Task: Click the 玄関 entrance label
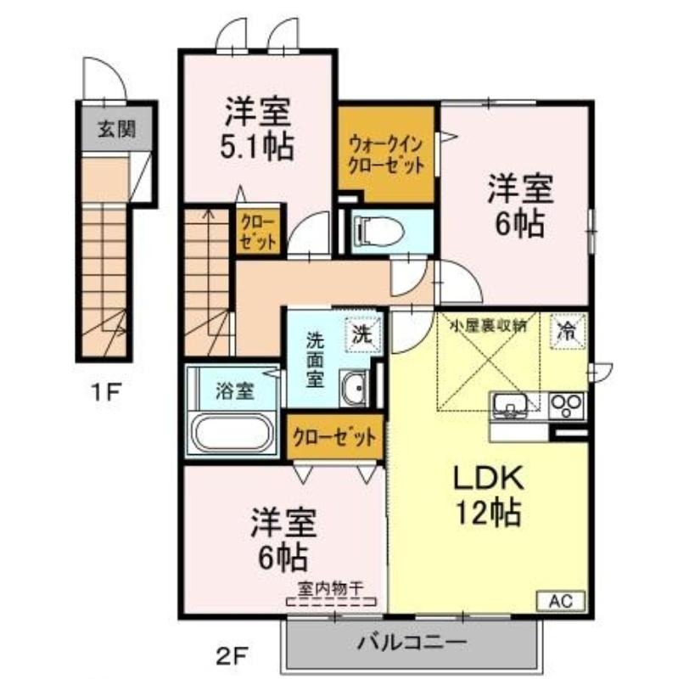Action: (116, 129)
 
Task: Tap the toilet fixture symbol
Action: (378, 232)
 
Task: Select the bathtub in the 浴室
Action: (233, 433)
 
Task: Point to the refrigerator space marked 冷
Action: (568, 331)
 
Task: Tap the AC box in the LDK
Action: (561, 601)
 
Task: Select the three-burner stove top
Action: (566, 406)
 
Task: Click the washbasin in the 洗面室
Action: (354, 388)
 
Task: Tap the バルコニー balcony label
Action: (412, 643)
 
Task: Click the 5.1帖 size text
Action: (257, 146)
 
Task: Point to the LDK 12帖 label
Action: (488, 495)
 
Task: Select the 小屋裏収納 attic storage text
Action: (489, 326)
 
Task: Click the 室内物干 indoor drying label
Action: (330, 588)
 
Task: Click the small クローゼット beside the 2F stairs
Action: (258, 232)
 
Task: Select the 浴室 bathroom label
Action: (234, 391)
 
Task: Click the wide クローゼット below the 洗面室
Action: (334, 437)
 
